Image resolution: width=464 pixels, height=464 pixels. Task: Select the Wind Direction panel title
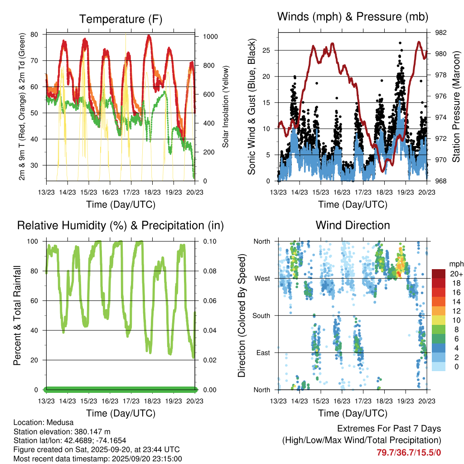353,225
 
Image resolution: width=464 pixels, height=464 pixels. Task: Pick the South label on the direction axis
261,315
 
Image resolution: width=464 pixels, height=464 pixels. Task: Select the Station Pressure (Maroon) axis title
457,107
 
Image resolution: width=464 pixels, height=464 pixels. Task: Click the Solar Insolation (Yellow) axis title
225,107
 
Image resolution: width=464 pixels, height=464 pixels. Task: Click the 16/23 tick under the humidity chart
110,401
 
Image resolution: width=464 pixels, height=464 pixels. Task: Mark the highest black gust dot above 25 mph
400,43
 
